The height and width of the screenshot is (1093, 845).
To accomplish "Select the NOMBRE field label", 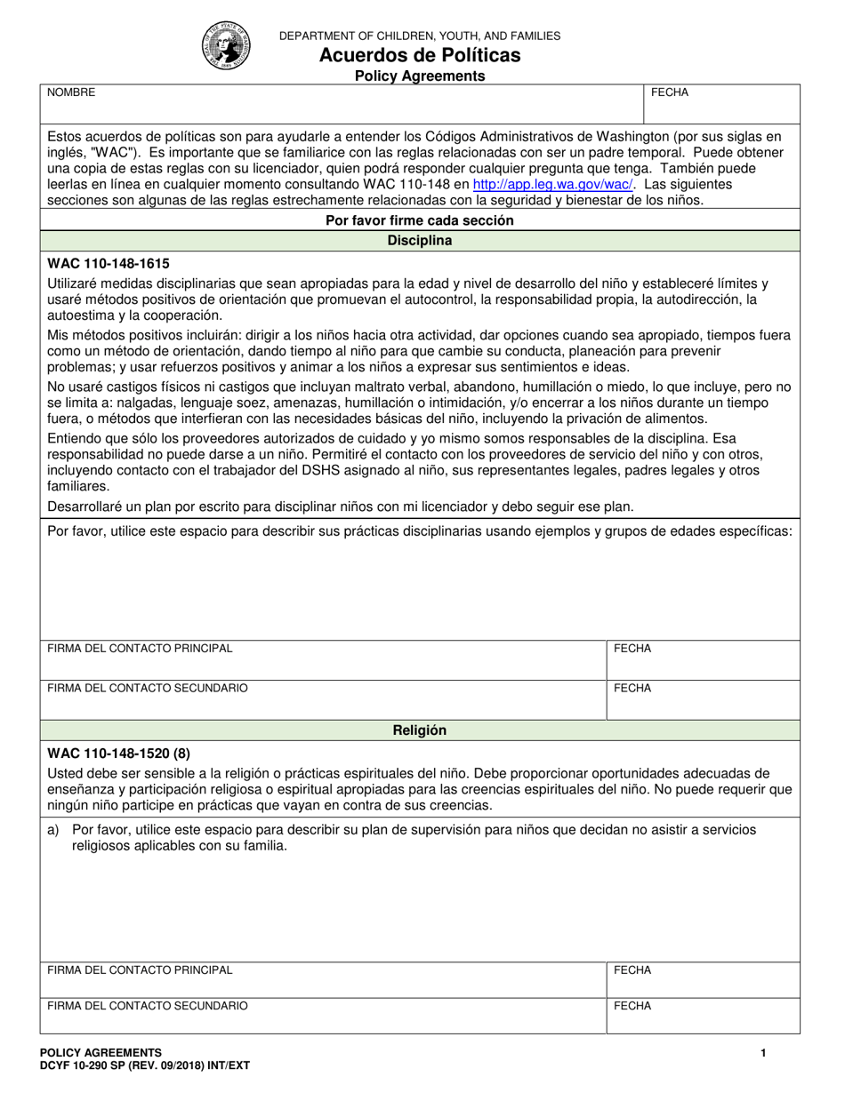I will pyautogui.click(x=71, y=92).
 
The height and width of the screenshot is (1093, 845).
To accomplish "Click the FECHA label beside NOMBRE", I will pyautogui.click(x=670, y=92).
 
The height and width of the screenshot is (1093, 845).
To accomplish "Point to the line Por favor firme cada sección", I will pyautogui.click(x=420, y=220).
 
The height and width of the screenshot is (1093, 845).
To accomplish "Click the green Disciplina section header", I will pyautogui.click(x=420, y=241).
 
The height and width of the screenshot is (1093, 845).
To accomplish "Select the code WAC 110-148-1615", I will pyautogui.click(x=108, y=264).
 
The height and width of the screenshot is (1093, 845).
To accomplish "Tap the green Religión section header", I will pyautogui.click(x=420, y=730).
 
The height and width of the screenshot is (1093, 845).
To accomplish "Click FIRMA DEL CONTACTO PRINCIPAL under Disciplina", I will pyautogui.click(x=140, y=649).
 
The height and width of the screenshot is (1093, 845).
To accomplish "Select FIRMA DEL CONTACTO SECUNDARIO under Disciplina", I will pyautogui.click(x=148, y=688).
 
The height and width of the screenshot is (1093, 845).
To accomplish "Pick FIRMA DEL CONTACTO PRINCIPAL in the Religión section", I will pyautogui.click(x=140, y=970).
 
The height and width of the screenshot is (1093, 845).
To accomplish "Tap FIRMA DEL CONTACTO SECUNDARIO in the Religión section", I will pyautogui.click(x=148, y=1006).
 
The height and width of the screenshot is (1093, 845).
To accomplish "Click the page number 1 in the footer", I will pyautogui.click(x=763, y=1053).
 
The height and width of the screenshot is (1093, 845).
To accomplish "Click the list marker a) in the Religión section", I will pyautogui.click(x=52, y=830).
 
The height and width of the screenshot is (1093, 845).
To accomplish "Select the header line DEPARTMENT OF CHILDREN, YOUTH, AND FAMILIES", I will pyautogui.click(x=420, y=36).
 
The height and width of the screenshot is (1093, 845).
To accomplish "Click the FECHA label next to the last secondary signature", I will pyautogui.click(x=632, y=1006).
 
